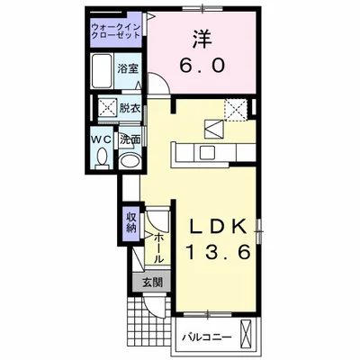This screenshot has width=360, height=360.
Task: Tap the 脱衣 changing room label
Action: point(130,107)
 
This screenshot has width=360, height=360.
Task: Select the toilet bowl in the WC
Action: point(101,160)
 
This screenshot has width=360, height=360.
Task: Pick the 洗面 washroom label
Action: point(130,139)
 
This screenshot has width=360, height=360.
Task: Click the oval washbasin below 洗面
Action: point(131,161)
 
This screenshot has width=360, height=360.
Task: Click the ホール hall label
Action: point(158,246)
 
